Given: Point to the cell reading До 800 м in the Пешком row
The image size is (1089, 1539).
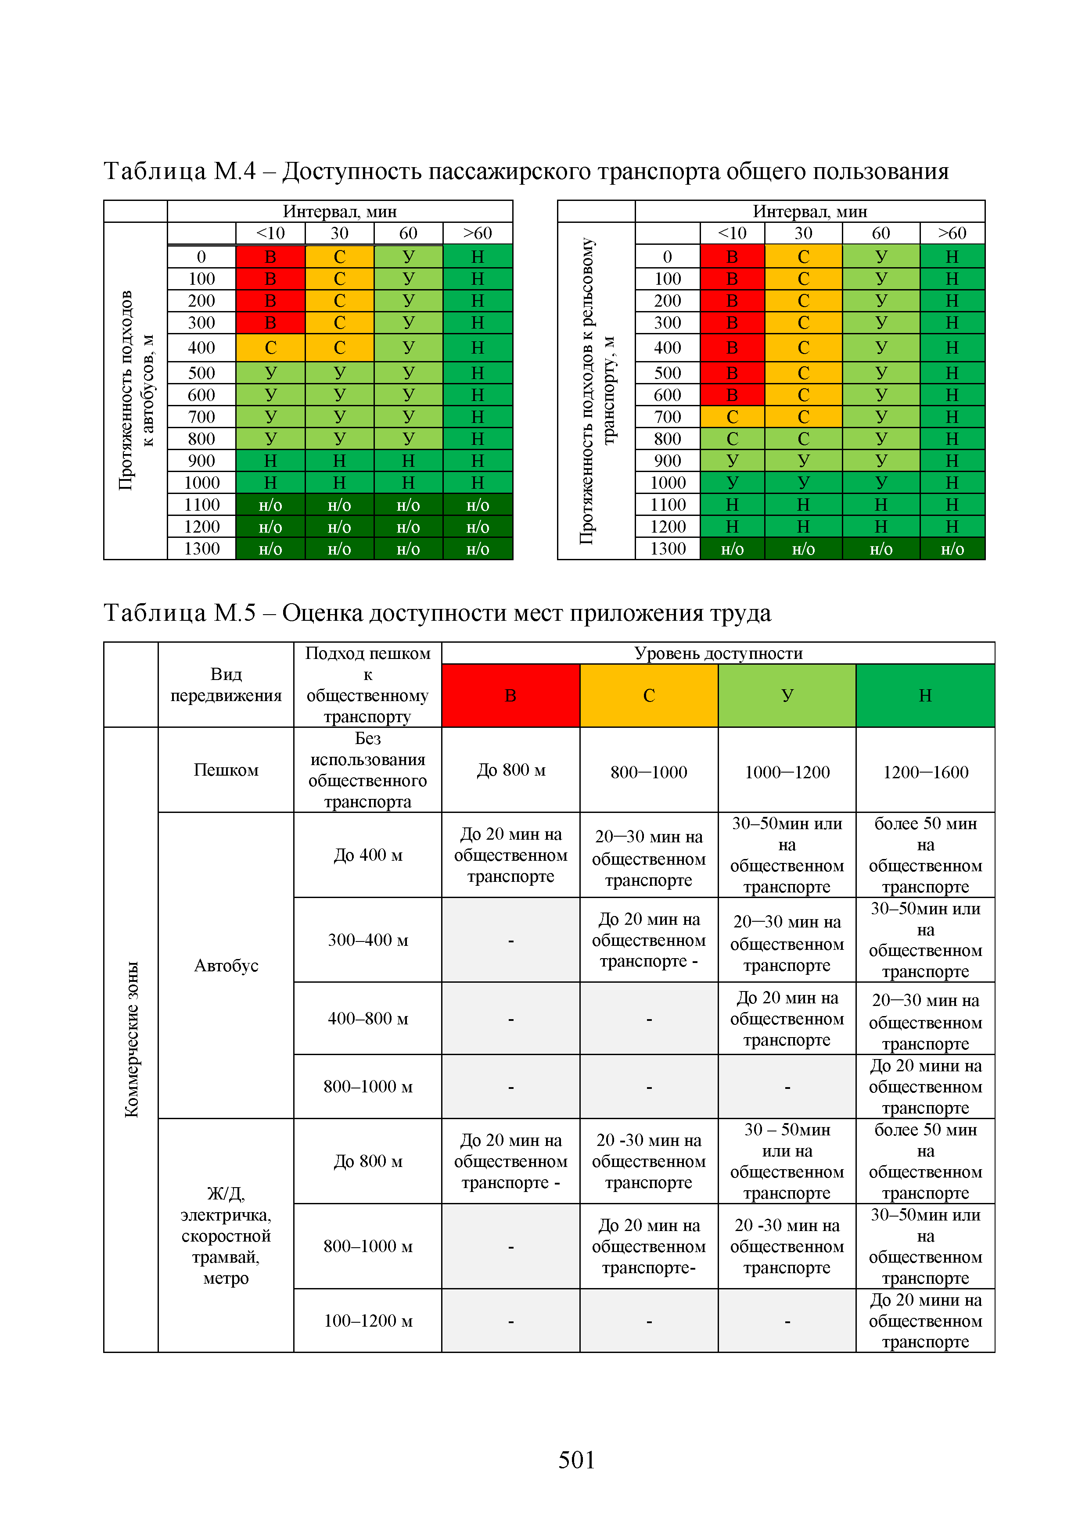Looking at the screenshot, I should pos(510,770).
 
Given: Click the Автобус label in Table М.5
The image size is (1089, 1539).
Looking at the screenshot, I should pos(226,965).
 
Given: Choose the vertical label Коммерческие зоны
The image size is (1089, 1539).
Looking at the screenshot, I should pos(131,1039).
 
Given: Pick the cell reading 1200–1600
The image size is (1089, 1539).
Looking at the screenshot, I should pos(925,772).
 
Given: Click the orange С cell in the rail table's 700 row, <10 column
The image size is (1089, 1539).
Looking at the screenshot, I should pos(732,417).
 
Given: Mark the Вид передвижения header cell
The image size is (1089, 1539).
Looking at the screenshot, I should pos(226,684).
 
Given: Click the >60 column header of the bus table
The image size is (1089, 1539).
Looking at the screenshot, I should pos(478,233).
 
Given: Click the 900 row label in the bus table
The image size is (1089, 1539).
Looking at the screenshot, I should pos(201,461).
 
